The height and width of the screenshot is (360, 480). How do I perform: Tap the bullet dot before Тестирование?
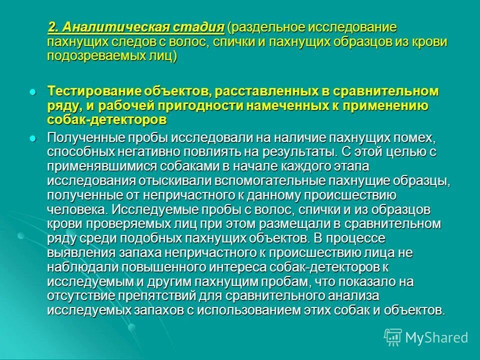click(x=33, y=92)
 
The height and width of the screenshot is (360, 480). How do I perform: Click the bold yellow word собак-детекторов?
click(x=106, y=120)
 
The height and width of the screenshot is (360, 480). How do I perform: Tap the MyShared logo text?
click(x=435, y=337)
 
